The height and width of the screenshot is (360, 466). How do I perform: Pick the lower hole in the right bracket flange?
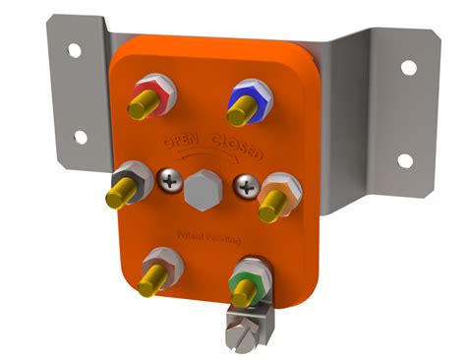point(402,159)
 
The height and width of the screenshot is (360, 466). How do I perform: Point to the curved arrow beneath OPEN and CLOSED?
point(205,158)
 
